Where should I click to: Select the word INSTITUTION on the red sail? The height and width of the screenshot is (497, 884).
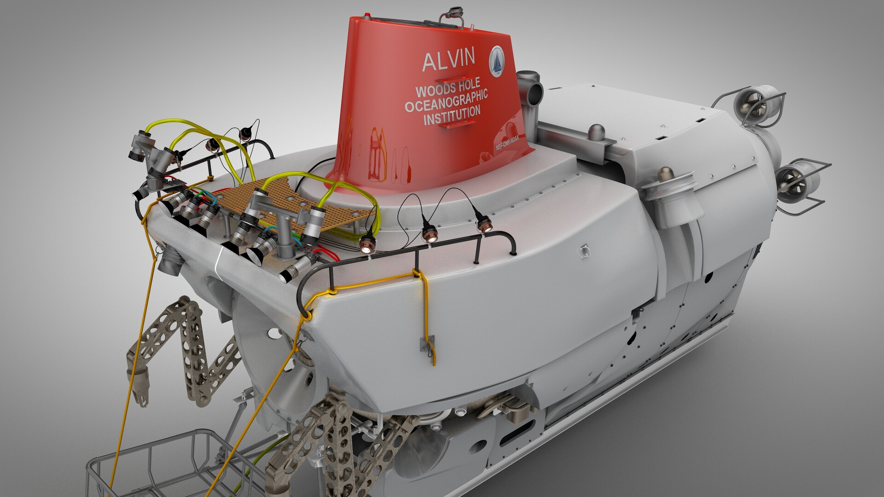pyautogui.click(x=452, y=115)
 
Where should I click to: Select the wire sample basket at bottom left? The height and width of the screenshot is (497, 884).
pyautogui.click(x=152, y=465)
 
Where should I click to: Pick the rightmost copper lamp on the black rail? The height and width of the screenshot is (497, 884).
pyautogui.click(x=483, y=225)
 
